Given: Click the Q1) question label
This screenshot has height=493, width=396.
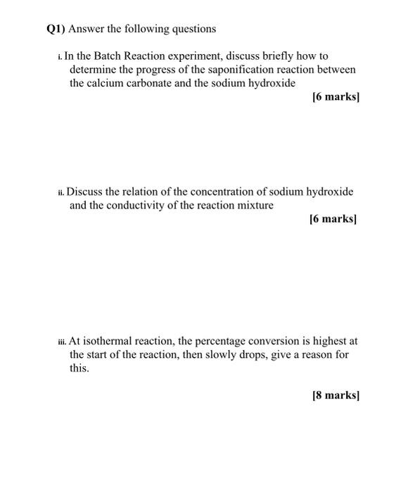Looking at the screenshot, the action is [x=58, y=29].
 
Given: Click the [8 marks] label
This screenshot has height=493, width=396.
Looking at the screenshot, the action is [x=335, y=395].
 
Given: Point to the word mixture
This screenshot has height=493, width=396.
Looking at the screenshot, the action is [x=253, y=205].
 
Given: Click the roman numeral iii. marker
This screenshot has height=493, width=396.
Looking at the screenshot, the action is [x=62, y=342].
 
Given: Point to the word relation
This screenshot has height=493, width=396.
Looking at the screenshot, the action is [x=141, y=192].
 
